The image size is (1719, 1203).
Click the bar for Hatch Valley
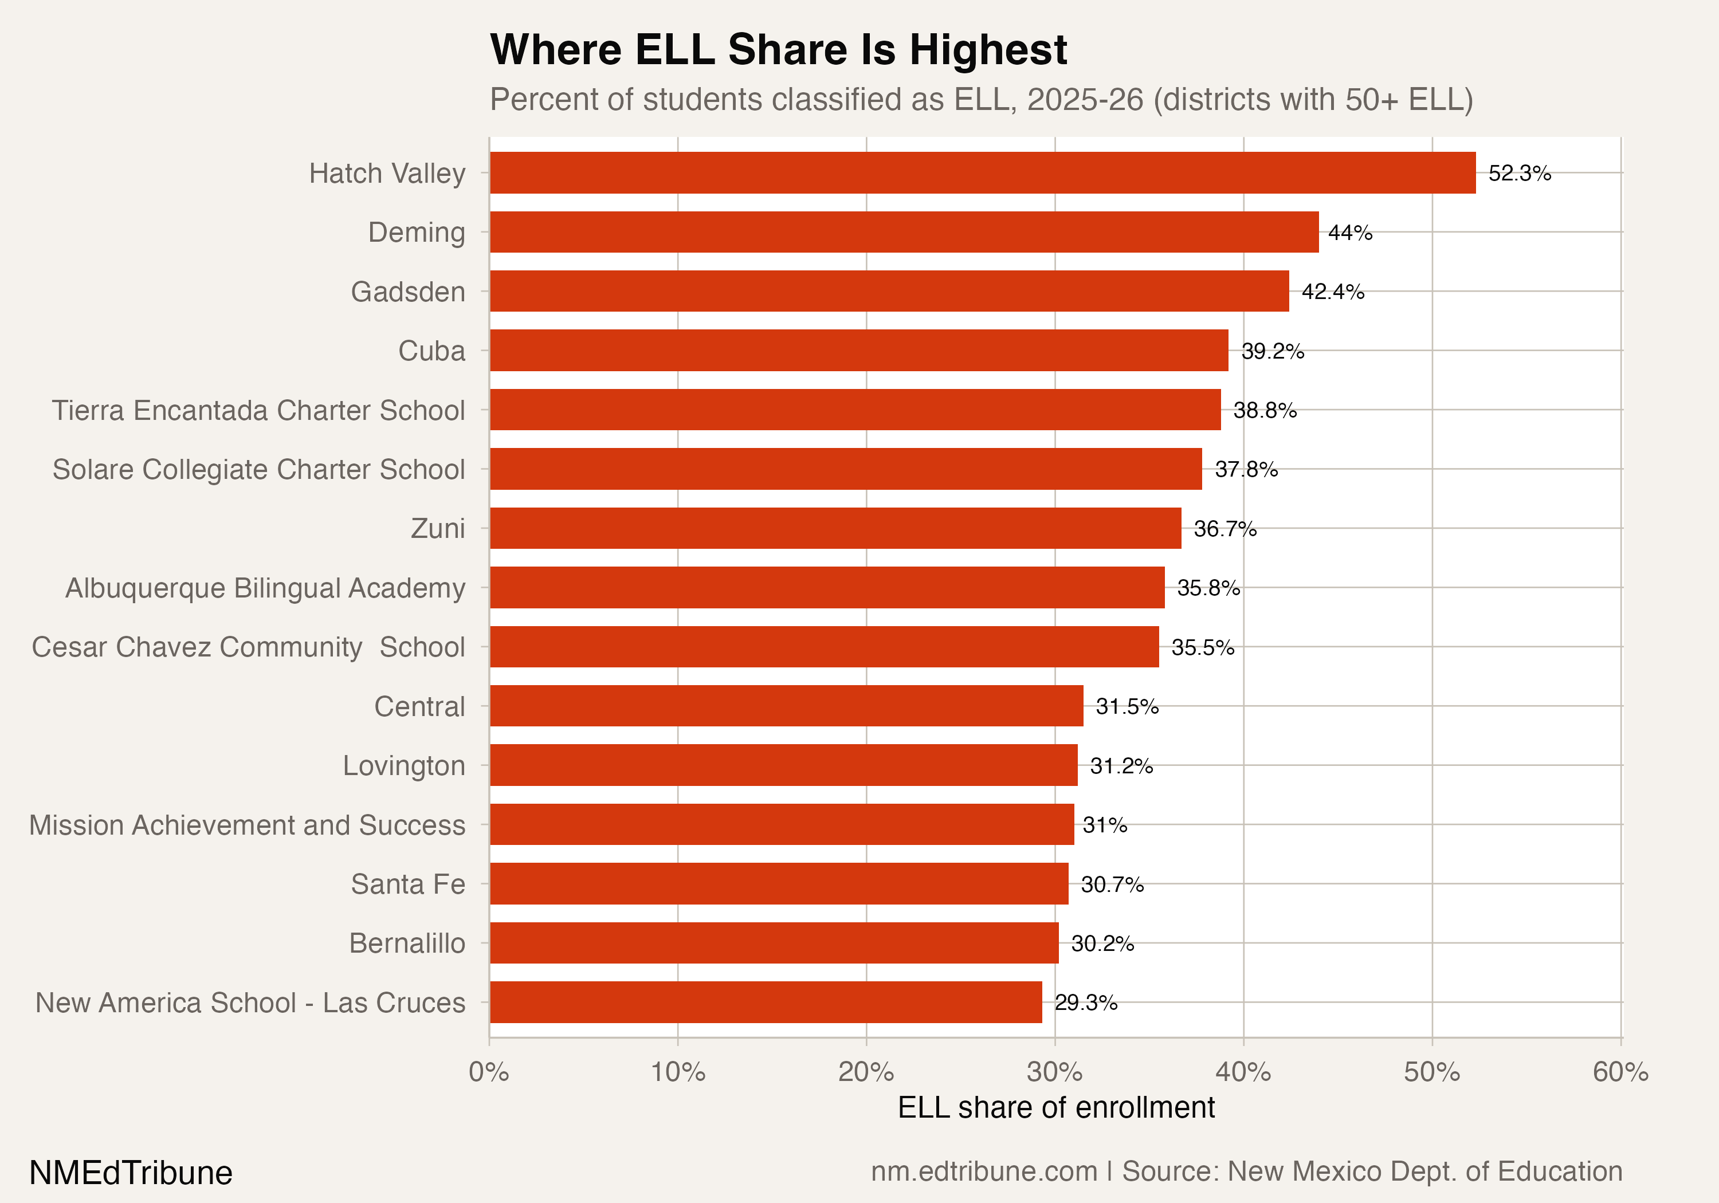coord(982,173)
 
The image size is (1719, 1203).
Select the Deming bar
coord(904,232)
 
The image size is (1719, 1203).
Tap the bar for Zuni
coord(835,529)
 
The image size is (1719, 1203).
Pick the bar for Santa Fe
coord(779,884)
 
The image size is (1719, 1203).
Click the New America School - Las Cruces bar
coord(765,1002)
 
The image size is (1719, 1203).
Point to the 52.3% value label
coord(1519,174)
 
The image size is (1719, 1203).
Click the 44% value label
coord(1350,233)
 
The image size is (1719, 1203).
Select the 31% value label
coord(1104,825)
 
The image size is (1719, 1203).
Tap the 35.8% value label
coord(1208,588)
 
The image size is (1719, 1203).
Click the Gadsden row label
coord(408,292)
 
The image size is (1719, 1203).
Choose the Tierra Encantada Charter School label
coord(258,410)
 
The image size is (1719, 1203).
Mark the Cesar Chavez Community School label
coord(248,647)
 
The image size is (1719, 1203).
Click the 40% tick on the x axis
coord(1243,1072)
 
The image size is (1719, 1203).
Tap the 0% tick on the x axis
coord(489,1072)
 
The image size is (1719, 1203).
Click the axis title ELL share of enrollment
coord(1055,1107)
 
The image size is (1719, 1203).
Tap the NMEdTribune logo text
coord(130,1172)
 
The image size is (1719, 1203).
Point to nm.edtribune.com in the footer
coord(983,1171)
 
